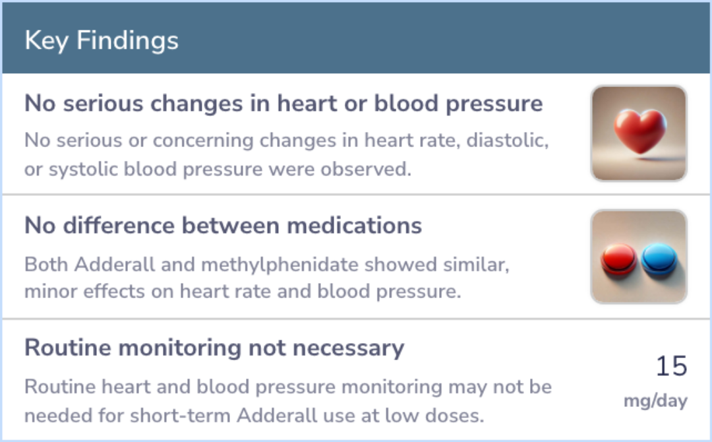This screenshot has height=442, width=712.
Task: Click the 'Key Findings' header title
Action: (102, 41)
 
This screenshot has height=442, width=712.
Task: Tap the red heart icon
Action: (639, 131)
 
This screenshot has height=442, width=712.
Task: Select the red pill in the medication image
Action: (618, 259)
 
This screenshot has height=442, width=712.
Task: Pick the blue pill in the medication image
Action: (659, 259)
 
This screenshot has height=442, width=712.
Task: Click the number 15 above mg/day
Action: (672, 366)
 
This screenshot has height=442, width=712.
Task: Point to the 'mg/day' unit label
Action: (656, 401)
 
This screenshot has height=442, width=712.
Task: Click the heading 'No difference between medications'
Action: (223, 226)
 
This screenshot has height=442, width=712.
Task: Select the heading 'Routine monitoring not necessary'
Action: (214, 348)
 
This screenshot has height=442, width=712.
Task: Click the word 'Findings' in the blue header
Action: (128, 41)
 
